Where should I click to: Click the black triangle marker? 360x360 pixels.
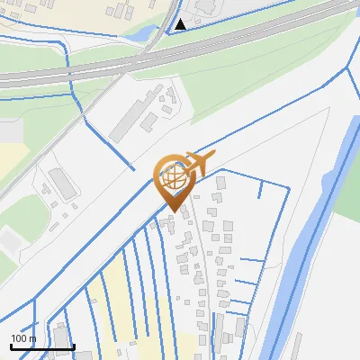(x=181, y=23)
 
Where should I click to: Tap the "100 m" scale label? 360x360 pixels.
(x=23, y=337)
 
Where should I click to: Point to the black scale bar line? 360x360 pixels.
(x=41, y=346)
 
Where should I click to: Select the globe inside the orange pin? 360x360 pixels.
(x=173, y=176)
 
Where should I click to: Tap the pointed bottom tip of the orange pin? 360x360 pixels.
(x=174, y=210)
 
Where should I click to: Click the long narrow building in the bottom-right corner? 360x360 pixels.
(x=296, y=346)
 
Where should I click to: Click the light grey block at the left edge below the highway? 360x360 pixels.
(x=9, y=130)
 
